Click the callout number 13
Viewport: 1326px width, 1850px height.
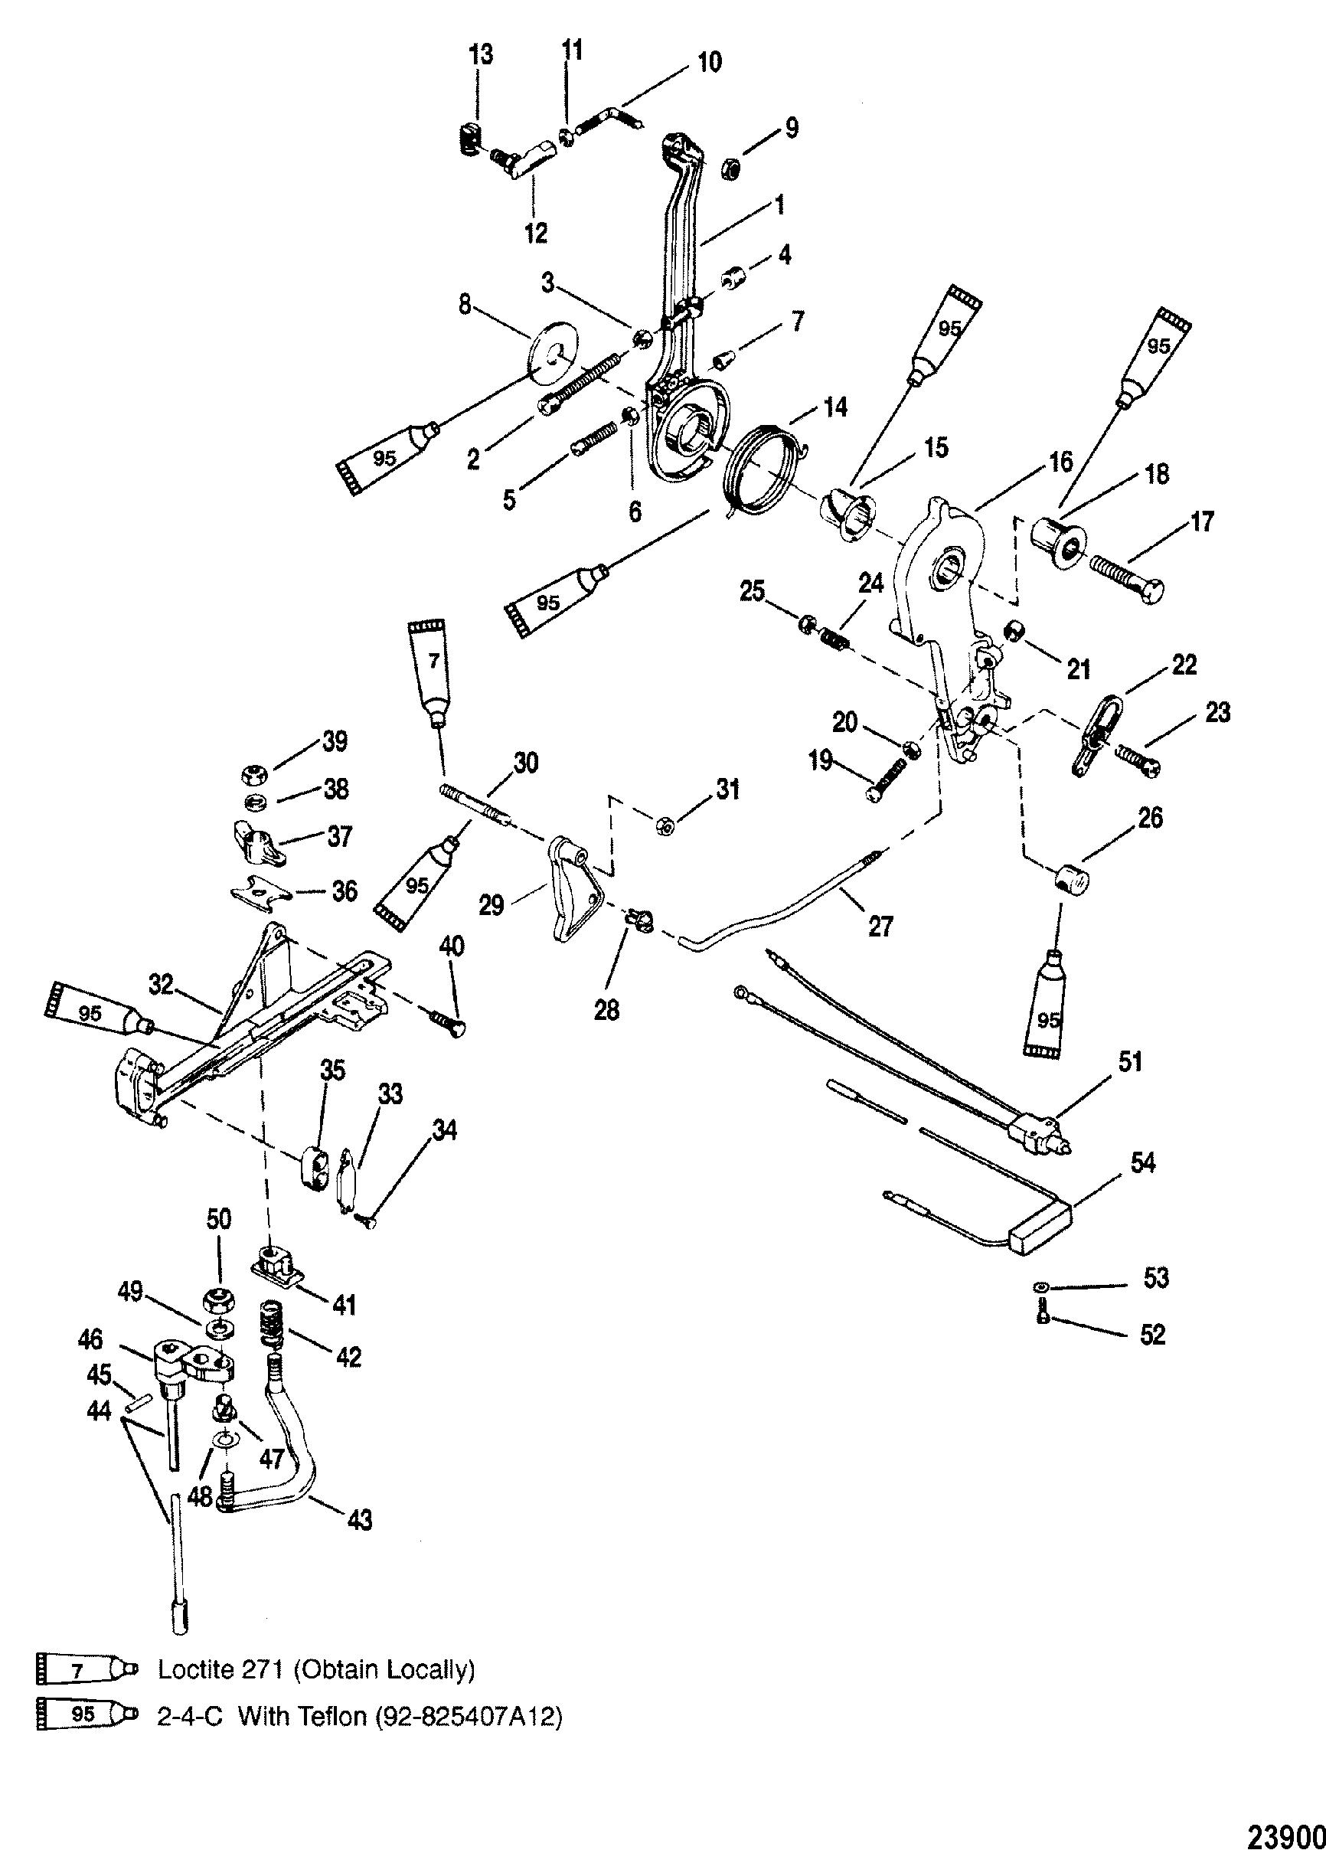tap(480, 55)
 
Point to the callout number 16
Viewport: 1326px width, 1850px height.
tap(1061, 462)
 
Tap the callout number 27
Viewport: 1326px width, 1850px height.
tap(880, 926)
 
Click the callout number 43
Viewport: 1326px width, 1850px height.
tap(360, 1519)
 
